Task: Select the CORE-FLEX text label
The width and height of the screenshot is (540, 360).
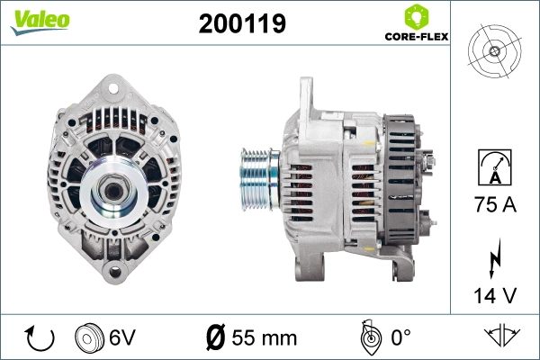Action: click(416, 37)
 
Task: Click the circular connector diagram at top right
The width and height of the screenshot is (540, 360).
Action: click(494, 50)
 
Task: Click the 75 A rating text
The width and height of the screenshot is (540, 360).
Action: click(494, 206)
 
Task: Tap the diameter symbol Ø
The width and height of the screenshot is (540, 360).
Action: click(217, 338)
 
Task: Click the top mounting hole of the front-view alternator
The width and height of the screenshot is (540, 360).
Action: click(113, 88)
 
